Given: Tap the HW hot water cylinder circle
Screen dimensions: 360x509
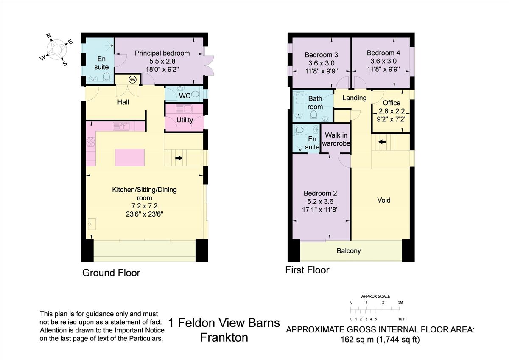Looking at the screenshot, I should (x=132, y=80).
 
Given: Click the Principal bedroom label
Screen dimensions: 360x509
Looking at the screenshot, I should (x=162, y=53).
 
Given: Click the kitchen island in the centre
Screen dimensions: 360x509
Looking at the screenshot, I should (x=130, y=157).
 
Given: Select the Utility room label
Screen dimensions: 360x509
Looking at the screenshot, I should (x=185, y=120).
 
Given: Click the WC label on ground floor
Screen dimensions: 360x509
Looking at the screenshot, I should (x=184, y=96).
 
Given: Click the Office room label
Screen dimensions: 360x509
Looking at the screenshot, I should (x=391, y=103).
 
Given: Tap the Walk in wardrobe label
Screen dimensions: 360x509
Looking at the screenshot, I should (x=336, y=139).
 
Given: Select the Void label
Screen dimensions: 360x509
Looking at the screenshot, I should (x=383, y=200).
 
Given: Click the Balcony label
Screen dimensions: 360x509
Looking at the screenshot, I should (x=349, y=251).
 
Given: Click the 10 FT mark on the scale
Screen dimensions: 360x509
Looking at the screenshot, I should (x=403, y=319).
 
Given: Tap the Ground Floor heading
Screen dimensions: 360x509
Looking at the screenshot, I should (x=111, y=273).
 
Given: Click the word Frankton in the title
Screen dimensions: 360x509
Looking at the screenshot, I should (x=224, y=338).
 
